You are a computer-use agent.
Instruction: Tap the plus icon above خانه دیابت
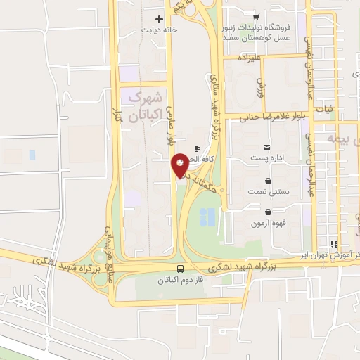pos(159,19)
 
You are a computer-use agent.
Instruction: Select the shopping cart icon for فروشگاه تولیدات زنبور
pos(256,16)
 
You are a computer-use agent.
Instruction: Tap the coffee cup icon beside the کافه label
pos(197,148)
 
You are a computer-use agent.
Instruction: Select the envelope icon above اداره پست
pos(266,148)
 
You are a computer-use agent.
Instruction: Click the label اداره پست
pos(267,160)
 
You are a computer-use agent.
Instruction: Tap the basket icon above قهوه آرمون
pos(268,212)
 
